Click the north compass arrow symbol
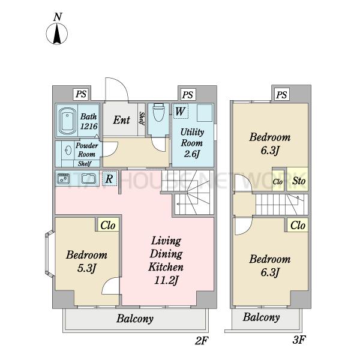pyautogui.click(x=57, y=34)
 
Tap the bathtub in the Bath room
pyautogui.click(x=67, y=121)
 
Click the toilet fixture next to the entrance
pyautogui.click(x=158, y=113)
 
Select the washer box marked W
pyautogui.click(x=181, y=111)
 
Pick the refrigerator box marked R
pyautogui.click(x=109, y=179)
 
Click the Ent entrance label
pyautogui.click(x=121, y=120)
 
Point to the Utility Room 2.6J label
pyautogui.click(x=192, y=143)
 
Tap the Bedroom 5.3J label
pyautogui.click(x=86, y=261)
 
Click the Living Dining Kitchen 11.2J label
pyautogui.click(x=166, y=260)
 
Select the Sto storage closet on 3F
pyautogui.click(x=298, y=179)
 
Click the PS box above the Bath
pyautogui.click(x=81, y=94)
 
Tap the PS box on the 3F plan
pyautogui.click(x=282, y=94)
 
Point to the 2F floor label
pyautogui.click(x=202, y=340)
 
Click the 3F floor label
pyautogui.click(x=299, y=340)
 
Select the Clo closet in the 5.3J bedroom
pyautogui.click(x=107, y=225)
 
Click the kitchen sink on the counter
pyautogui.click(x=89, y=179)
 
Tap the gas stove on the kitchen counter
pyautogui.click(x=63, y=179)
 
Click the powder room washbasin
pyautogui.click(x=68, y=151)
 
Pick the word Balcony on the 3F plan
pyautogui.click(x=261, y=317)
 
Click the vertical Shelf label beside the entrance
pyautogui.click(x=142, y=119)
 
